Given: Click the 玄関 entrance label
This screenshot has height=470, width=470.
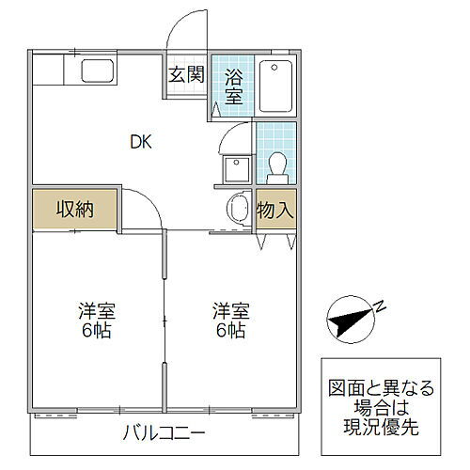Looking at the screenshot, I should pos(186,75).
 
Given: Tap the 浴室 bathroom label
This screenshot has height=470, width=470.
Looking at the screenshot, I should pos(234,84).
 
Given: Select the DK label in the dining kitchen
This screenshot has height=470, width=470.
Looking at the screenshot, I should pos(141,143).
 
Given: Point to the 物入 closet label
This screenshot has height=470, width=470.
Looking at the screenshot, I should pos(275,210).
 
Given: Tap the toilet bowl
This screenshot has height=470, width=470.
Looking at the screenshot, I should pos(277,167).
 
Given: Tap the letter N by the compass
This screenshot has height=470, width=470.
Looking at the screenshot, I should pos(381,305).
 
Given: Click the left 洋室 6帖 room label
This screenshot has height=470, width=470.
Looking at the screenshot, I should pos(97,321).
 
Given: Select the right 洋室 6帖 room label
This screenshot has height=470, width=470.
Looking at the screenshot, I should pos(230,321).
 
